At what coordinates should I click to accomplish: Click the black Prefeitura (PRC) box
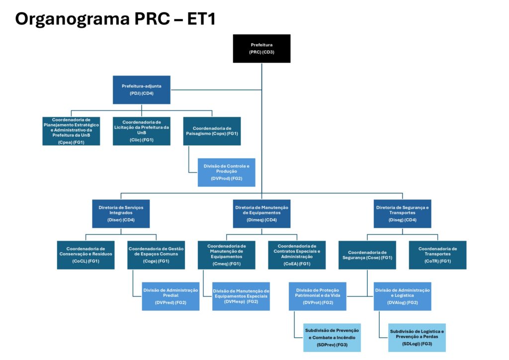(261, 48)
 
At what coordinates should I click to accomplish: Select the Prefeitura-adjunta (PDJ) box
(141, 90)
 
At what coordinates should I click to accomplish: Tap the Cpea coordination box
(71, 131)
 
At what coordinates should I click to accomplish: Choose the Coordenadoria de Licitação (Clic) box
(141, 131)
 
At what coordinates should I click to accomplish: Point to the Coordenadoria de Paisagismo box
(212, 131)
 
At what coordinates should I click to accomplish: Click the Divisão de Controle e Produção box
(226, 172)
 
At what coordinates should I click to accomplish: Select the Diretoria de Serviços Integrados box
(121, 213)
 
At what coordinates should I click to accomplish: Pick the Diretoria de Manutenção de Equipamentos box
(262, 213)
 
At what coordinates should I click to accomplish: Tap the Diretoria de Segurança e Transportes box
(403, 213)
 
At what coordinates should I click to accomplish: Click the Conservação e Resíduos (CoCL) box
(85, 255)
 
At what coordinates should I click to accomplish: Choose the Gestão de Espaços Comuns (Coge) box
(156, 255)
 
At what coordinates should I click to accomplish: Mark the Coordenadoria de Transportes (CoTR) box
(437, 255)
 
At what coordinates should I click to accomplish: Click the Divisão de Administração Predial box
(170, 296)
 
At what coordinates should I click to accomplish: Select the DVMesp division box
(241, 296)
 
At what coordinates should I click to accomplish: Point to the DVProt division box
(318, 296)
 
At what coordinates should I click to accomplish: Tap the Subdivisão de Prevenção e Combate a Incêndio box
(332, 337)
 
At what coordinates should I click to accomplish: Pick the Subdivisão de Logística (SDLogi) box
(417, 337)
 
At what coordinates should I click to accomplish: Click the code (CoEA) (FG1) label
(297, 264)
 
